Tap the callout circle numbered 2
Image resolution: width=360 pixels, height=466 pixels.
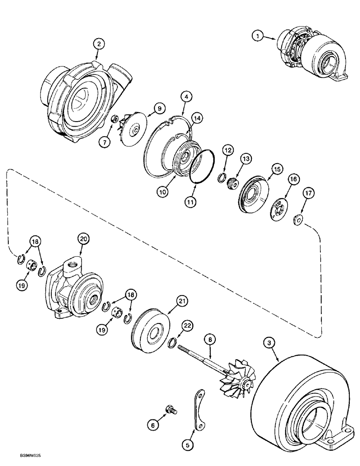coord(98,44)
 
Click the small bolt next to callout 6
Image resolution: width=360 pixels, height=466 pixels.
coord(172,411)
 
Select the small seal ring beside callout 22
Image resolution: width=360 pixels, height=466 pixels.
coord(172,343)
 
